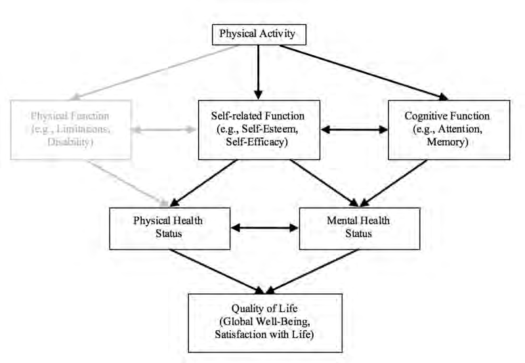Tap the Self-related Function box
259,130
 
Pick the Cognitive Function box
448,130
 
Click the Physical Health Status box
170,227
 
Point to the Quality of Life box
265,322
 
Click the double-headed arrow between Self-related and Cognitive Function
354,130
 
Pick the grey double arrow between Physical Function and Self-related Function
165,131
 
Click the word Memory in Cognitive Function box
448,142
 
